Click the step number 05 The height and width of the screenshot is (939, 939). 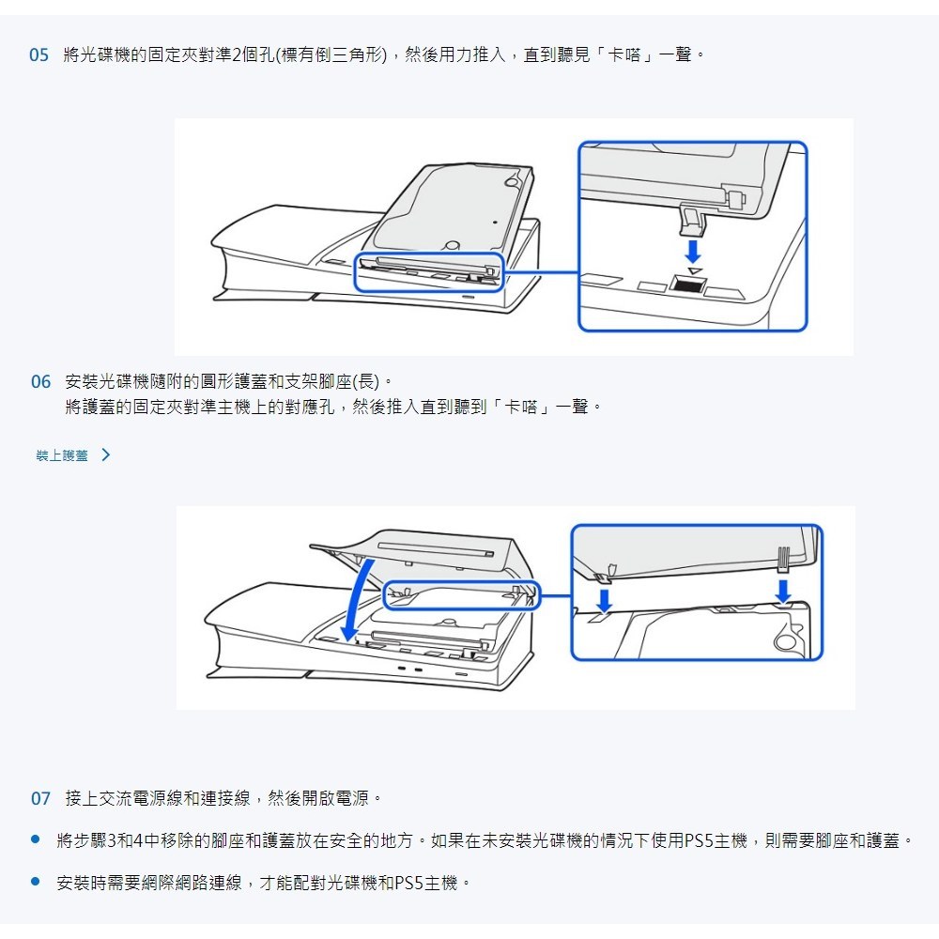coord(38,55)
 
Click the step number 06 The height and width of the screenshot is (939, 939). coord(40,381)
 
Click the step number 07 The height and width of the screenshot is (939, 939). coord(40,798)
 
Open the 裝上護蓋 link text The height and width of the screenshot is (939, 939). coord(62,455)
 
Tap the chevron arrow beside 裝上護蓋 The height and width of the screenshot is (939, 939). coord(106,455)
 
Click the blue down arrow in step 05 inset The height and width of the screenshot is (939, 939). coord(693,252)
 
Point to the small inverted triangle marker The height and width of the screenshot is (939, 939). coord(694,271)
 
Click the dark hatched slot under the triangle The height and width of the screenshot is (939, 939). coord(687,285)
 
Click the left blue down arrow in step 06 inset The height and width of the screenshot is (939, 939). coord(604,601)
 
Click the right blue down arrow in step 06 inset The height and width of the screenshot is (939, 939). coord(783,592)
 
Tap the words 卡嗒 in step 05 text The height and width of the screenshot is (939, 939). coord(624,55)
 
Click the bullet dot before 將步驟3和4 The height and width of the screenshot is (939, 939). coord(36,839)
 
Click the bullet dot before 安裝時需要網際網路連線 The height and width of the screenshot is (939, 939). coord(36,882)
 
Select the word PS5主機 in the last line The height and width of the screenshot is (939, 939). coord(425,883)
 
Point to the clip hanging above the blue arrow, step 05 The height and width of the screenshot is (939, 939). coord(692,219)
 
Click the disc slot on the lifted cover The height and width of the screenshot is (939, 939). coord(436,548)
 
